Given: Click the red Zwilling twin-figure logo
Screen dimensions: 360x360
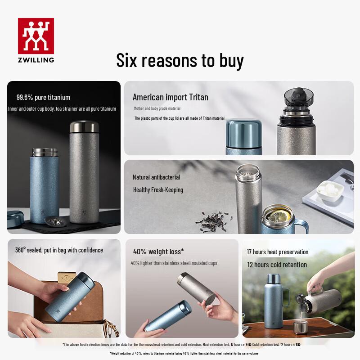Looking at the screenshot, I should pyautogui.click(x=36, y=36).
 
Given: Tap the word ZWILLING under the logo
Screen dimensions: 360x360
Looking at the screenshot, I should pyautogui.click(x=36, y=59).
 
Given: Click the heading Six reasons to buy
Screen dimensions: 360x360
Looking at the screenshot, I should pyautogui.click(x=180, y=60).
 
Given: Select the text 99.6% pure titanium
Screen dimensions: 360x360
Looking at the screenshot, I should pyautogui.click(x=43, y=97).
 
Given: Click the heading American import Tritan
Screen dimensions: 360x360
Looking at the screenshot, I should pyautogui.click(x=170, y=97).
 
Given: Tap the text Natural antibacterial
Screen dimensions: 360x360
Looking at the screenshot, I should pyautogui.click(x=156, y=177).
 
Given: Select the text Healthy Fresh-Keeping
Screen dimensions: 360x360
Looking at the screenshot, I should pyautogui.click(x=158, y=190).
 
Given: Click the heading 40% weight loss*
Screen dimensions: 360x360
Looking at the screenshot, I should pyautogui.click(x=158, y=252).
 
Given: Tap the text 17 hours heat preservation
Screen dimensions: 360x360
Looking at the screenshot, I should pyautogui.click(x=278, y=252).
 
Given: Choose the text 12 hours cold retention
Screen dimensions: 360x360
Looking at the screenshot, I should pyautogui.click(x=277, y=265).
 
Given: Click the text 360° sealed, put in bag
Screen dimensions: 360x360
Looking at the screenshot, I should pyautogui.click(x=59, y=250).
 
